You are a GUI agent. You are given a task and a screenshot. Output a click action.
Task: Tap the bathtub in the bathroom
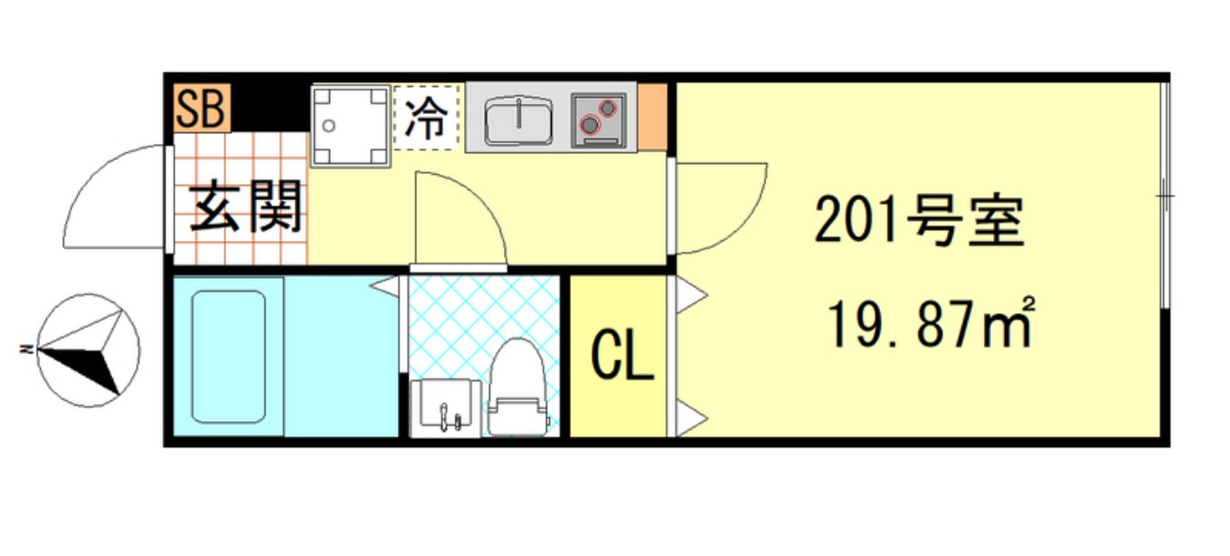click(x=230, y=356)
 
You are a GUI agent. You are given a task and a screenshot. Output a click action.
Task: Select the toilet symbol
click(x=517, y=389)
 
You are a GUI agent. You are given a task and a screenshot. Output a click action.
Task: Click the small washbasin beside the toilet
click(x=445, y=407)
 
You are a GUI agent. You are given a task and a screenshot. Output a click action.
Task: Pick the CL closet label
click(x=622, y=359)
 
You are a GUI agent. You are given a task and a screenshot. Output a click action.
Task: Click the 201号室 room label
click(x=918, y=222)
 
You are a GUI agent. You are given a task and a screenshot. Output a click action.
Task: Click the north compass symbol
click(x=89, y=350)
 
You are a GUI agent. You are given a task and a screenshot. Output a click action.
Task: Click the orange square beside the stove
click(x=655, y=117)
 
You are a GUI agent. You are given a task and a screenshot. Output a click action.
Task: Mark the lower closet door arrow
click(x=691, y=417)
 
